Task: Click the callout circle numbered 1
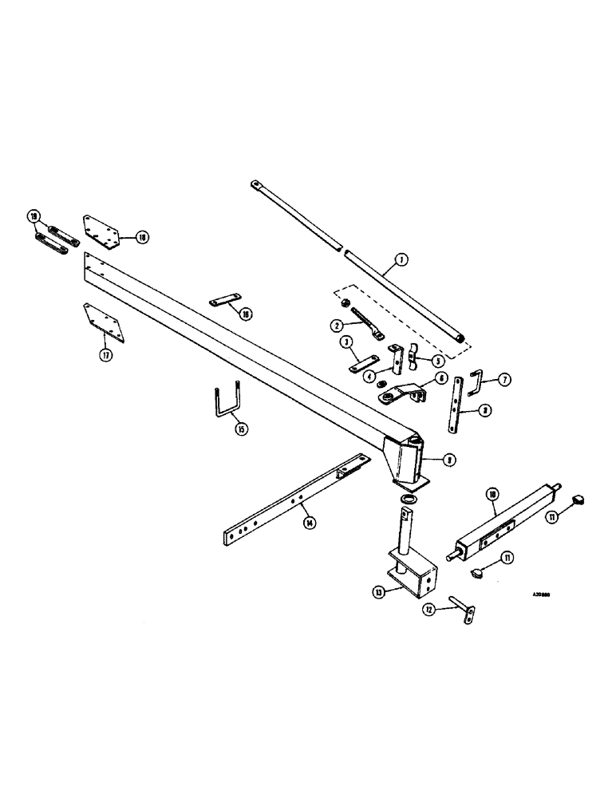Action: tap(401, 259)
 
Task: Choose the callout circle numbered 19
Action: tap(33, 216)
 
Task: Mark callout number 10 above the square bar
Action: tap(492, 495)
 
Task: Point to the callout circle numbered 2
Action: tap(338, 325)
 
